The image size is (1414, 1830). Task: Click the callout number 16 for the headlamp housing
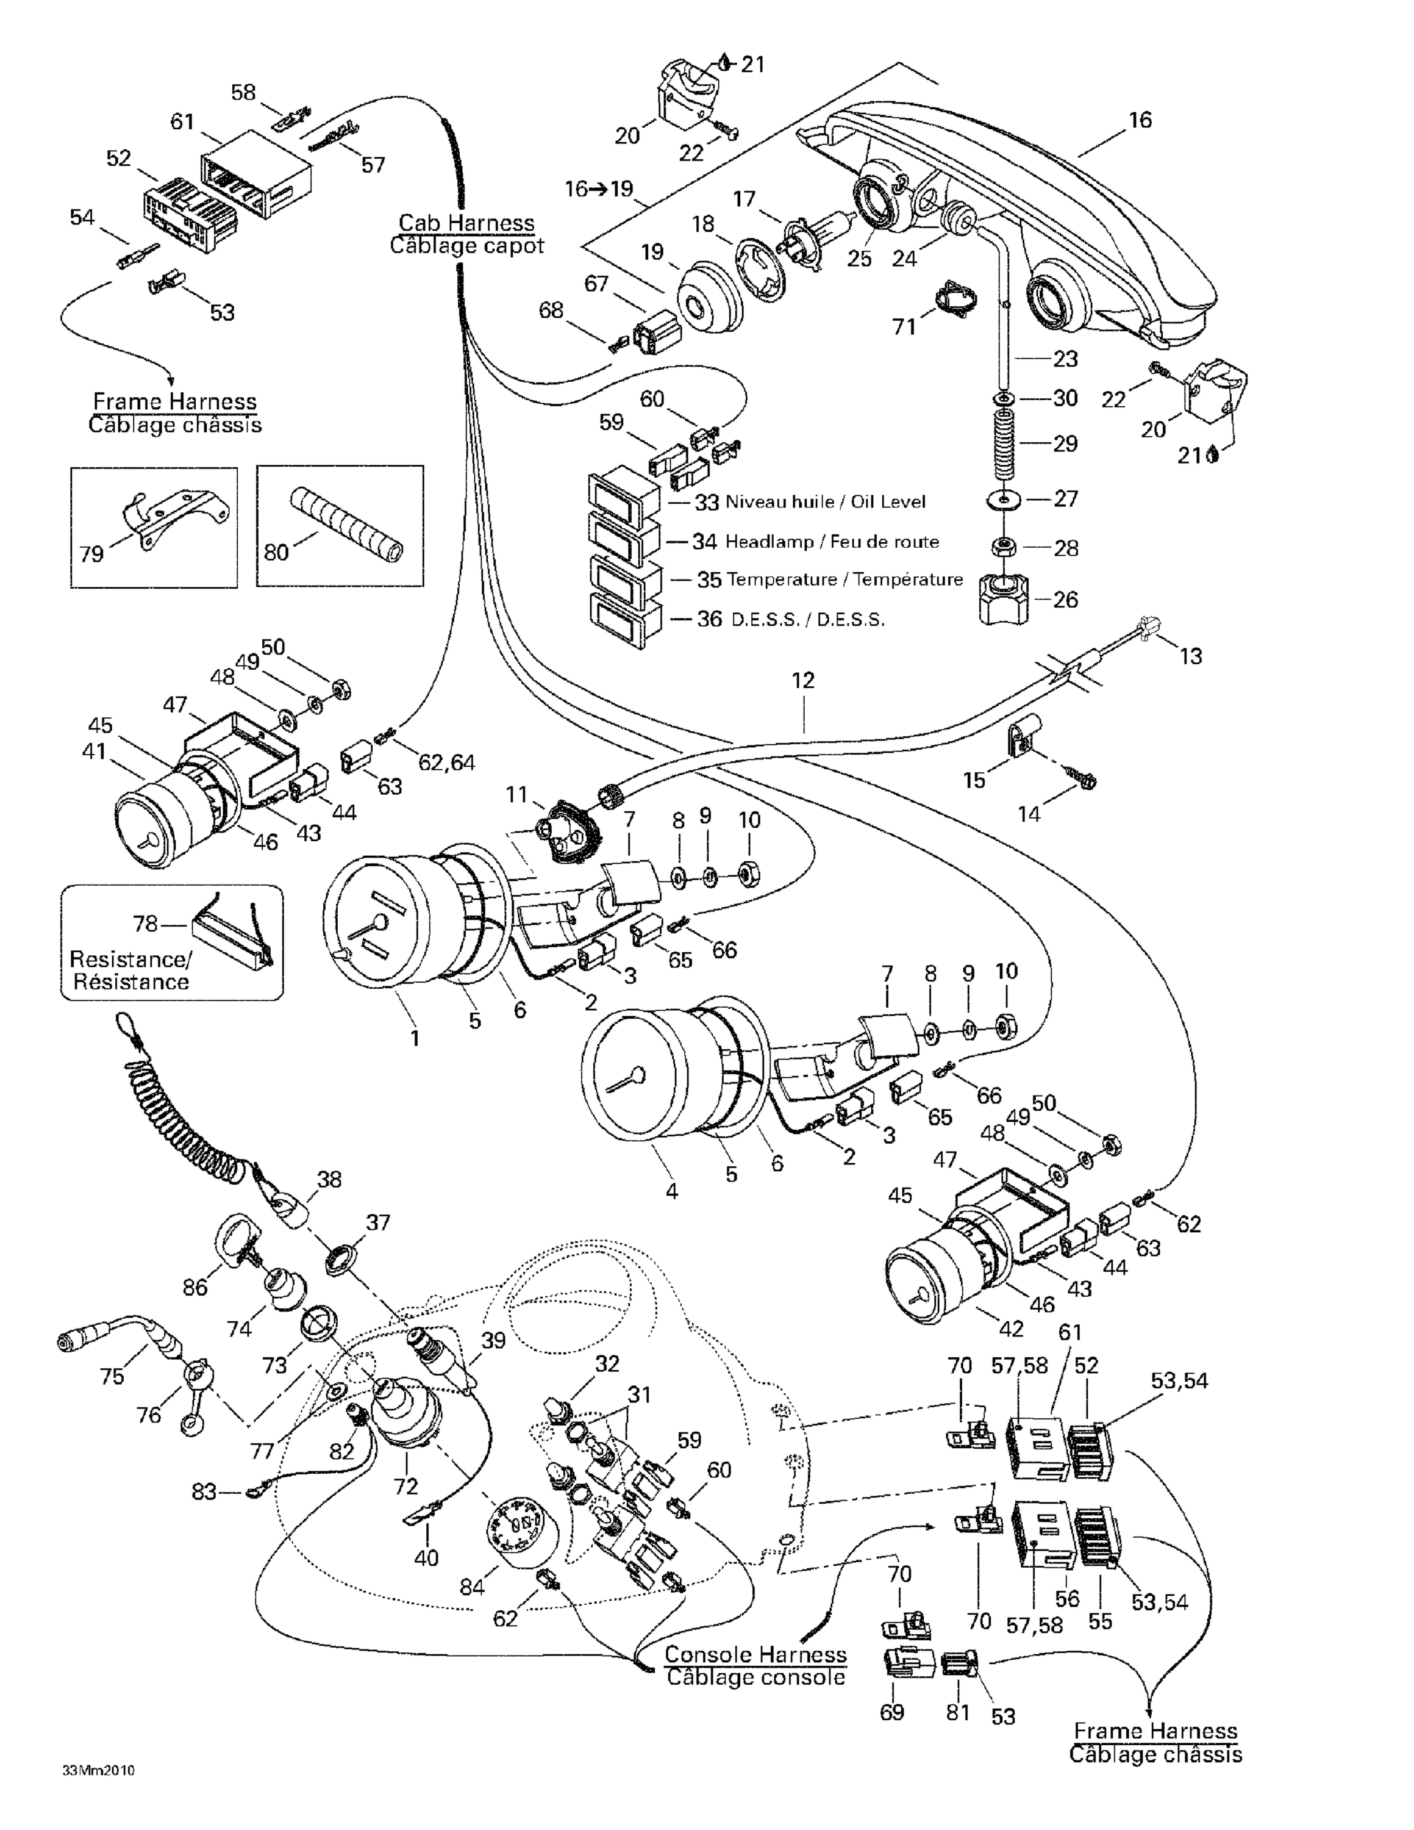click(x=1140, y=120)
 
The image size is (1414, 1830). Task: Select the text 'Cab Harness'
click(x=466, y=223)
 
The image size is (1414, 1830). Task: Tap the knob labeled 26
click(x=1004, y=600)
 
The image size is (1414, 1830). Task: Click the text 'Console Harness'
click(x=755, y=1655)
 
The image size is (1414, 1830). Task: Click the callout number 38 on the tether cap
click(x=329, y=1179)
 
